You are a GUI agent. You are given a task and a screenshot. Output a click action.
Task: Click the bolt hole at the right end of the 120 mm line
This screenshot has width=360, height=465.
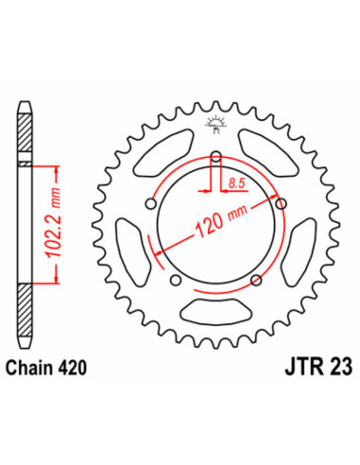click(280, 201)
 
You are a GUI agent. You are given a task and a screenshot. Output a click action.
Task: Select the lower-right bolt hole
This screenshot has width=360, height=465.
click(255, 277)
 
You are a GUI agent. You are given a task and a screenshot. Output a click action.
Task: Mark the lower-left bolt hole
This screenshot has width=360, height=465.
click(176, 277)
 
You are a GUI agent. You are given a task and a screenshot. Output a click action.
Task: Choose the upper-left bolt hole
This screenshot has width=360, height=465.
click(151, 201)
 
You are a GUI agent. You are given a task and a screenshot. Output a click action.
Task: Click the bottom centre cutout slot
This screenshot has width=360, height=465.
click(215, 309)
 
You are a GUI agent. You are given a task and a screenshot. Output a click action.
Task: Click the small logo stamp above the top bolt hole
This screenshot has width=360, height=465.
click(216, 136)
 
